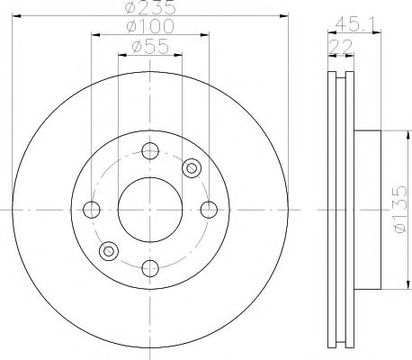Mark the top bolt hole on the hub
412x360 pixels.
pos(149,151)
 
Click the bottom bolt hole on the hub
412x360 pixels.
pos(149,268)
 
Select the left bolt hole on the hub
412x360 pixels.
pos(90,210)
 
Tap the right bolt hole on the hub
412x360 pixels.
pos(209,210)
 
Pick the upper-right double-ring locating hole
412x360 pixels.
pos(190,168)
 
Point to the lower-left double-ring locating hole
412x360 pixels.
pos(109,251)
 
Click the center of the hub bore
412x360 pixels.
pos(149,210)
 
